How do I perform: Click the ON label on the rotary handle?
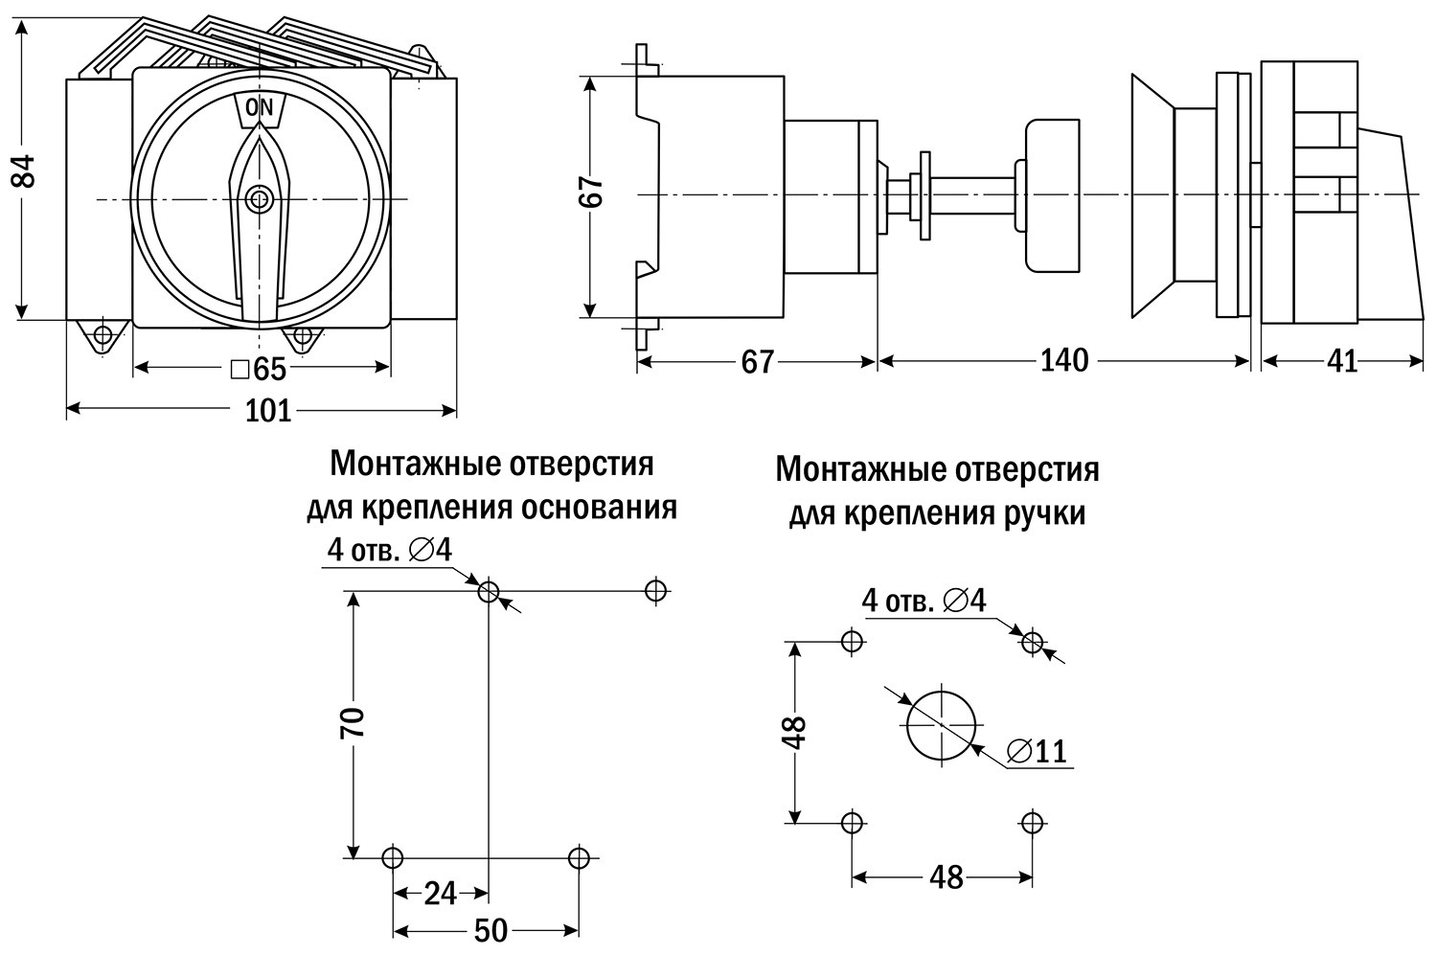[x=260, y=107]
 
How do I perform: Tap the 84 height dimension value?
[x=24, y=171]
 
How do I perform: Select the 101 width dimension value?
[x=268, y=411]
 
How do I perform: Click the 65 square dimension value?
[x=258, y=369]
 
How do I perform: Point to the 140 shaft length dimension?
[x=1064, y=360]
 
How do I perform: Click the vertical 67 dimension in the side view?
[x=591, y=191]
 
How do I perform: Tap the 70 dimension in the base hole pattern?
[x=352, y=722]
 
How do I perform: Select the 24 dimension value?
[x=440, y=894]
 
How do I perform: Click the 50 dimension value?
[x=490, y=931]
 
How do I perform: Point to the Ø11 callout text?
[x=1037, y=751]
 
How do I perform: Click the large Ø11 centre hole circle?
[x=942, y=694]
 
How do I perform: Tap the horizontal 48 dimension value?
[x=947, y=877]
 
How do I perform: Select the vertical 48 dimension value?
[x=794, y=733]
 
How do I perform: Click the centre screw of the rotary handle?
[x=260, y=199]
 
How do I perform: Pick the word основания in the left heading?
[x=599, y=509]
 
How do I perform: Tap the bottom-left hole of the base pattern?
[x=393, y=857]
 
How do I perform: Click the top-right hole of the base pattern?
[x=655, y=590]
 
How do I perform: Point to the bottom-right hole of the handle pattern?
[x=1032, y=822]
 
